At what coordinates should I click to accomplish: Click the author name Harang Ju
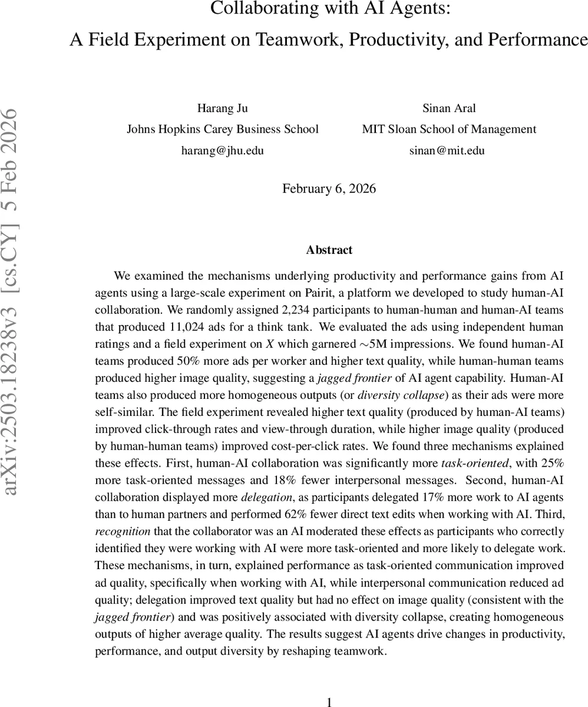pos(222,108)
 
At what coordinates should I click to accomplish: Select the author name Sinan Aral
pos(448,108)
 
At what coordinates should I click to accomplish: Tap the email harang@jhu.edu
pos(222,150)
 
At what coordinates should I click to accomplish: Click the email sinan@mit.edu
pos(447,150)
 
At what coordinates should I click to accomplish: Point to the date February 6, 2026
pos(329,189)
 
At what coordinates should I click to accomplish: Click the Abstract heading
pos(329,250)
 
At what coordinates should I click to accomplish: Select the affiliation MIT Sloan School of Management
pos(449,129)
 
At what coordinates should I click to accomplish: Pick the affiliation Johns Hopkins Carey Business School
pos(223,129)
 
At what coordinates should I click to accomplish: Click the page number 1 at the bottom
pos(329,701)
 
